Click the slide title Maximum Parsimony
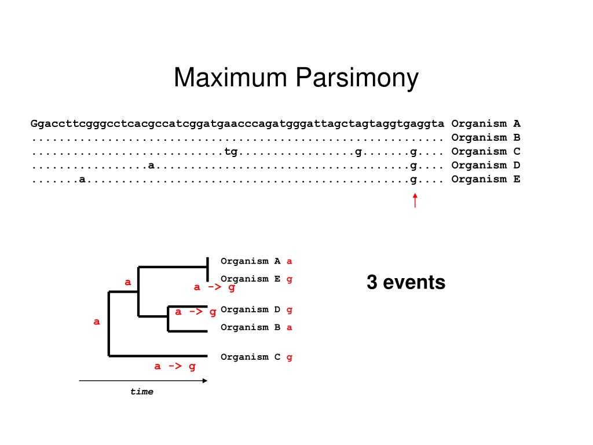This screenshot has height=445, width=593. pos(296,78)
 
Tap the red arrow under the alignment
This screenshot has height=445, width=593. pos(415,200)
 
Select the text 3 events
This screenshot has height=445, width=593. pos(406,283)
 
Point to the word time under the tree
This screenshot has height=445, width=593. pos(142,392)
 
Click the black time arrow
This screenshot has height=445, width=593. pos(142,381)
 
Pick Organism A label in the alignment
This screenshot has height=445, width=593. pos(486,123)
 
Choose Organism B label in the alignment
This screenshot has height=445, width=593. pos(486,137)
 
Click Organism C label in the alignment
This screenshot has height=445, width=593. pos(486,151)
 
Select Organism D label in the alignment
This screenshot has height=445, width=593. pos(486,165)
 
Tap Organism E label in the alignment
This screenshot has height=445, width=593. pos(486,179)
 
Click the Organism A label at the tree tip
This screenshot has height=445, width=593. pos(251,261)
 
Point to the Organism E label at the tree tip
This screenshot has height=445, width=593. pos(251,279)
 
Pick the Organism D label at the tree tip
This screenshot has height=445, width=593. pos(251,309)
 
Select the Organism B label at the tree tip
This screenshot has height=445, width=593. pos(251,327)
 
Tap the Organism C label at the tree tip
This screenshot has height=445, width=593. pos(251,357)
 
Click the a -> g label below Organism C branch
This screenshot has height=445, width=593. pos(175,366)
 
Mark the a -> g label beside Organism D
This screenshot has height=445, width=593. pos(196,312)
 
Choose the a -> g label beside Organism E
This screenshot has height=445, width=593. pos(214,287)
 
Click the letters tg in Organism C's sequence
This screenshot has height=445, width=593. pos(231,151)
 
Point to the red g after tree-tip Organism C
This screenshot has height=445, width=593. pos(290,358)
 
